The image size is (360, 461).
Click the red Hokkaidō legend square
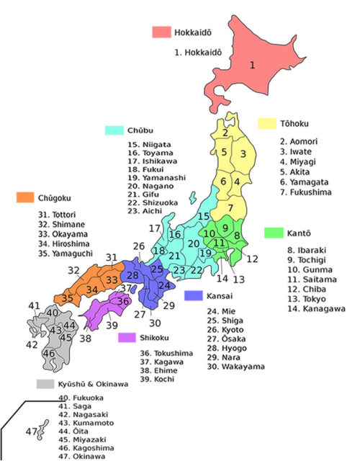click(161, 32)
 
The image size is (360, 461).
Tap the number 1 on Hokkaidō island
click(253, 66)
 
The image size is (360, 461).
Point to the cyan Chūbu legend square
click(114, 130)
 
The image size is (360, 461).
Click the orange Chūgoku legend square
click(25, 197)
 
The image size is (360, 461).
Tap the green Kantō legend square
click(274, 233)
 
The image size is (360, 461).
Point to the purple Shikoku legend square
click(127, 337)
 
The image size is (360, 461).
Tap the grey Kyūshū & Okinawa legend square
click(46, 385)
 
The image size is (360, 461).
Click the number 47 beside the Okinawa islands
click(32, 431)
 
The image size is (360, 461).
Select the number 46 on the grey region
click(49, 354)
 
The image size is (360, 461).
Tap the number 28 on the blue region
click(132, 275)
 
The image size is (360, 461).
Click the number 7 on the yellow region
click(231, 208)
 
